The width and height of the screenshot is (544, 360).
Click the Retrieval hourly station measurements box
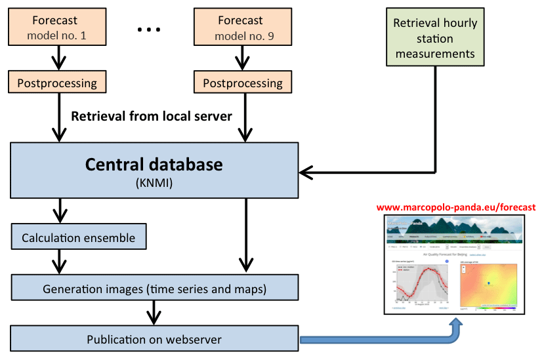pos(435,37)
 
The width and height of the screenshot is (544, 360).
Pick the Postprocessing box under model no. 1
pos(57,83)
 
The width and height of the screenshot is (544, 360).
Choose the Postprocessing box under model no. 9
pos(243,83)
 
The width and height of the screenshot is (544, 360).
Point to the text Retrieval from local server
pos(152,117)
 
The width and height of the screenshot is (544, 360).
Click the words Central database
pos(154,164)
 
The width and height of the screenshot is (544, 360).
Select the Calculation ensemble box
pos(78,238)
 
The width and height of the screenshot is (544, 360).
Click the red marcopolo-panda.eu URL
pos(456,207)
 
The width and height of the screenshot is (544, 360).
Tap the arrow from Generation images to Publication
pos(154,313)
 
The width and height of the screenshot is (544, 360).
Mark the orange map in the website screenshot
pos(489,284)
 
